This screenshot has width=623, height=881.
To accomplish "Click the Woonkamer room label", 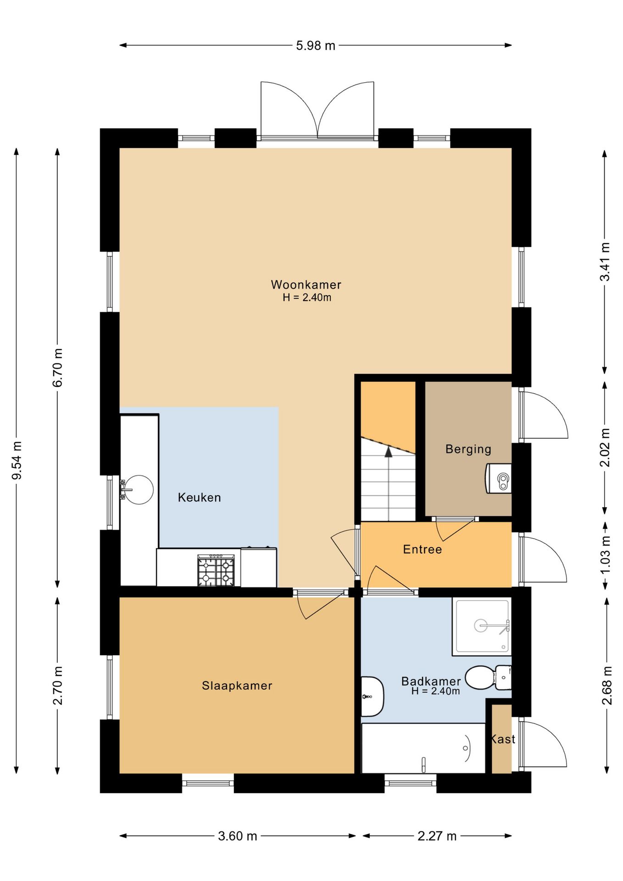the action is click(x=306, y=284).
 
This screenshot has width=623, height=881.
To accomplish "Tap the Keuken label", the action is click(x=199, y=497).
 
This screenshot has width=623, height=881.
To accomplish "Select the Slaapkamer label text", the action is click(x=237, y=686).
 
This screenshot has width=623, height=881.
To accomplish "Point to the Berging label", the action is click(x=468, y=449).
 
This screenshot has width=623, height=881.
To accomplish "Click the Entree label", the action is click(x=422, y=549).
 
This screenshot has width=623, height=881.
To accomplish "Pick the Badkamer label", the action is click(x=431, y=681).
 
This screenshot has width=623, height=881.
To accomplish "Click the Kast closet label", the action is click(x=503, y=739).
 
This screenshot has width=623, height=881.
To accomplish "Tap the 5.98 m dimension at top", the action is click(x=316, y=45).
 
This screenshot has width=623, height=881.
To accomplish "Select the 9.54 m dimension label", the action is click(x=17, y=461).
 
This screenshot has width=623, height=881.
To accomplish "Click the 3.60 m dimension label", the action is click(x=237, y=836).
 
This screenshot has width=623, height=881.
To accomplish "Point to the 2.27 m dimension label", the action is click(x=437, y=836).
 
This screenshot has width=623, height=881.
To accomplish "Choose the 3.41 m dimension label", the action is click(x=605, y=262).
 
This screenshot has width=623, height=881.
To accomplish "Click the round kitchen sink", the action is click(x=139, y=490).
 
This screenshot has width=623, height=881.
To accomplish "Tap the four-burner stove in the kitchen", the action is click(x=216, y=570).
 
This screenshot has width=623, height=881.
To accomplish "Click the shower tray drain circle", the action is click(x=480, y=625).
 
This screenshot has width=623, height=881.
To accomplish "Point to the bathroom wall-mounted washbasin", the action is click(x=372, y=697).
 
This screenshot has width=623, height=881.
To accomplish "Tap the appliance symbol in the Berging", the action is click(x=498, y=479).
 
